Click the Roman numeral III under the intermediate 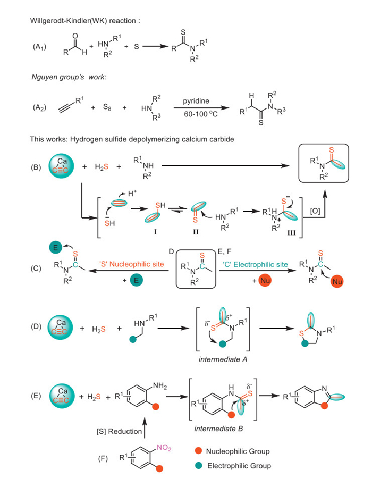(x=267, y=233)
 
